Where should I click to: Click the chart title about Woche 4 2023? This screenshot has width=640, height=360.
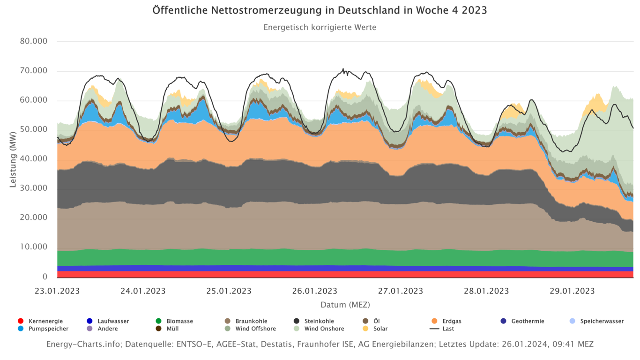pyautogui.click(x=320, y=10)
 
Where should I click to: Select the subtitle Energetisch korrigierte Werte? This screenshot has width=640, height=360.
pyautogui.click(x=320, y=27)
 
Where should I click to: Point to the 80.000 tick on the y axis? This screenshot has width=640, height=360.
pyautogui.click(x=34, y=41)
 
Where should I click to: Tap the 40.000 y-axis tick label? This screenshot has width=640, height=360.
pyautogui.click(x=34, y=159)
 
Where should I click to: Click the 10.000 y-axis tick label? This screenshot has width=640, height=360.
pyautogui.click(x=34, y=247)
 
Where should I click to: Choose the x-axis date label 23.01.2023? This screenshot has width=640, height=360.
pyautogui.click(x=57, y=291)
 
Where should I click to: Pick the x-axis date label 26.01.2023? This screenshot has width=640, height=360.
pyautogui.click(x=314, y=291)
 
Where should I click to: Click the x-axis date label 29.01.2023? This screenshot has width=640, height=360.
pyautogui.click(x=572, y=291)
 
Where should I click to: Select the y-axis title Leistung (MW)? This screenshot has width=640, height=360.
pyautogui.click(x=13, y=159)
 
